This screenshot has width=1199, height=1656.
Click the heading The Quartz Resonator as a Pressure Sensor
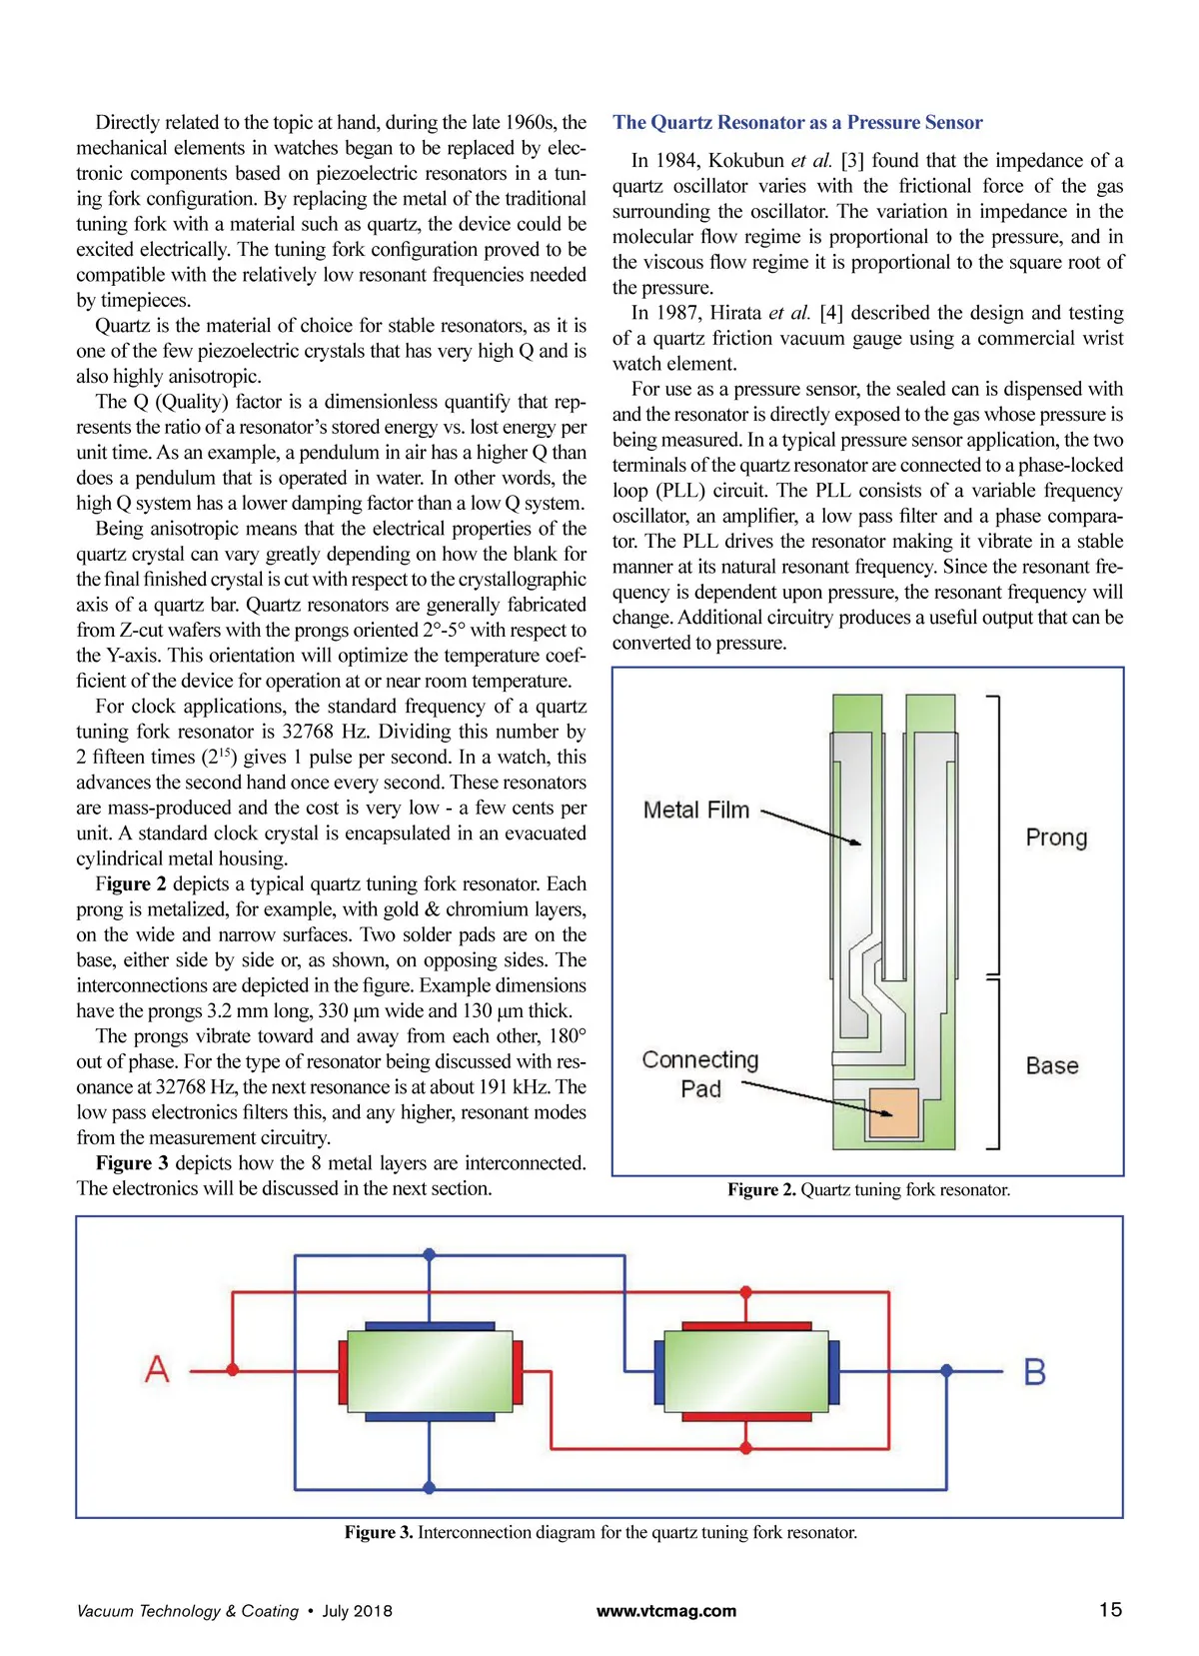point(797,123)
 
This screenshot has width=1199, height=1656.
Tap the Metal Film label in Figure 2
point(695,811)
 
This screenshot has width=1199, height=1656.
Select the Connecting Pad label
point(700,1074)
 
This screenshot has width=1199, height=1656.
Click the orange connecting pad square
point(893,1112)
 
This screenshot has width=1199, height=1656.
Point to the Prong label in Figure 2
point(1056,837)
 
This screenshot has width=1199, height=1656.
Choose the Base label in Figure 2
point(1052,1065)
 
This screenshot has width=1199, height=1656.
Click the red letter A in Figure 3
point(157,1369)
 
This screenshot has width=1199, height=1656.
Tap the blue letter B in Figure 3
point(1035,1371)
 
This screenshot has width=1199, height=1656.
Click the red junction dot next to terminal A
point(233,1370)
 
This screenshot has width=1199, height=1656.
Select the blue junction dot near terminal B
point(946,1371)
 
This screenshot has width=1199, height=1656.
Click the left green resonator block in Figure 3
point(430,1370)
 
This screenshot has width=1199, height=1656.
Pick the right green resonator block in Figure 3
point(746,1371)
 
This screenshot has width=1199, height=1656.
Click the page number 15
point(1110,1610)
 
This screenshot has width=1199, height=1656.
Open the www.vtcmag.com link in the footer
point(666,1611)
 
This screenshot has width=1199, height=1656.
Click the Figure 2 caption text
point(868,1189)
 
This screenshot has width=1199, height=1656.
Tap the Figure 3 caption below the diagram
point(600,1532)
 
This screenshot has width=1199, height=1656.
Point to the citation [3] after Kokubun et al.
point(852,161)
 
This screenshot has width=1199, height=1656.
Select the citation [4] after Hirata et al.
point(831,313)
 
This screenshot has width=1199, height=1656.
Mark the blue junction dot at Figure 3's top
point(430,1254)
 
